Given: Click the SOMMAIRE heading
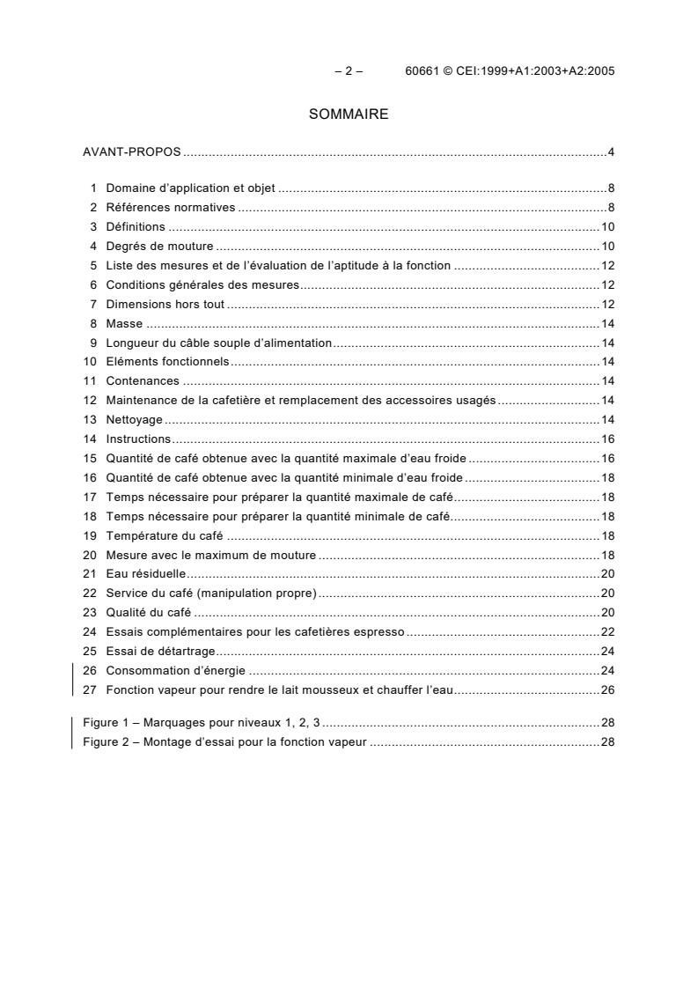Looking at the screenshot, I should tap(349, 114).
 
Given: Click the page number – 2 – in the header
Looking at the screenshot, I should tap(349, 72).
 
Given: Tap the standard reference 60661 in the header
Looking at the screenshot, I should tap(423, 72).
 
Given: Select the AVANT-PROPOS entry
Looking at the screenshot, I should tap(132, 152).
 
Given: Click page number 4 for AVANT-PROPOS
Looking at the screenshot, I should tap(610, 152).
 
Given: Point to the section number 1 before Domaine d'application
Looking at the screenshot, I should tap(92, 188).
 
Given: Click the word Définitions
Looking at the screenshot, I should tap(136, 227).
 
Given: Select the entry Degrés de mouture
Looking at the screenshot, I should tap(159, 247).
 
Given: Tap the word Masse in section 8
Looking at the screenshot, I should tap(124, 324).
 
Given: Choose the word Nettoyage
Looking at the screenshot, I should tap(134, 420).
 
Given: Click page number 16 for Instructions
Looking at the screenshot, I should tap(607, 439).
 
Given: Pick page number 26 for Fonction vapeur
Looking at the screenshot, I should tap(607, 690).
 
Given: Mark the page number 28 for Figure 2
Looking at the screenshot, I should tap(607, 742).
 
